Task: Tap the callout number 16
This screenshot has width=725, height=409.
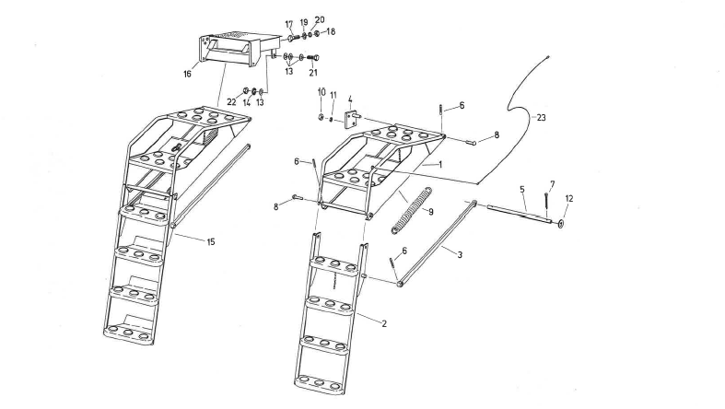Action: click(x=188, y=74)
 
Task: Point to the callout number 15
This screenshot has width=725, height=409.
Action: click(x=211, y=241)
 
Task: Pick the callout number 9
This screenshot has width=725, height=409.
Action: click(x=429, y=211)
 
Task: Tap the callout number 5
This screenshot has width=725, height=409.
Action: click(x=522, y=190)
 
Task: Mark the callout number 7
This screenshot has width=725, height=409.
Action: click(x=552, y=184)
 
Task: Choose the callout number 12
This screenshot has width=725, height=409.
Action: click(x=568, y=199)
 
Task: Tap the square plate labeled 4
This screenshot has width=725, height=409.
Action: click(x=351, y=120)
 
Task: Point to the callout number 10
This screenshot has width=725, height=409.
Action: click(x=322, y=92)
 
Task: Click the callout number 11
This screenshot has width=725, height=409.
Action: click(x=334, y=95)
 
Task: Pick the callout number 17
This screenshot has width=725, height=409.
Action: click(x=288, y=24)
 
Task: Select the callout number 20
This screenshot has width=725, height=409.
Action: click(x=320, y=19)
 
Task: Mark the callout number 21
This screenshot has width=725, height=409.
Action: click(x=313, y=72)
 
